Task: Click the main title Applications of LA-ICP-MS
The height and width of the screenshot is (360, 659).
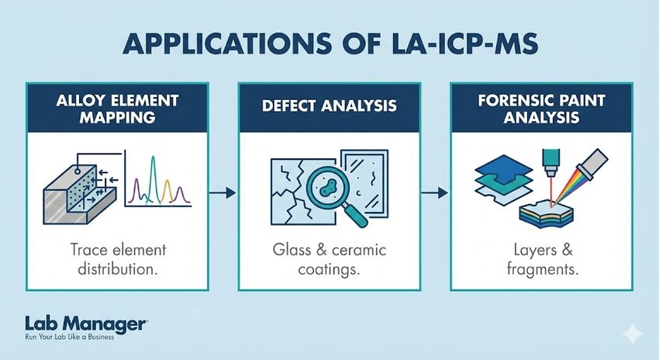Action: point(329,44)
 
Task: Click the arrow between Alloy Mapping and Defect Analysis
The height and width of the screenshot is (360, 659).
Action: point(222,190)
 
